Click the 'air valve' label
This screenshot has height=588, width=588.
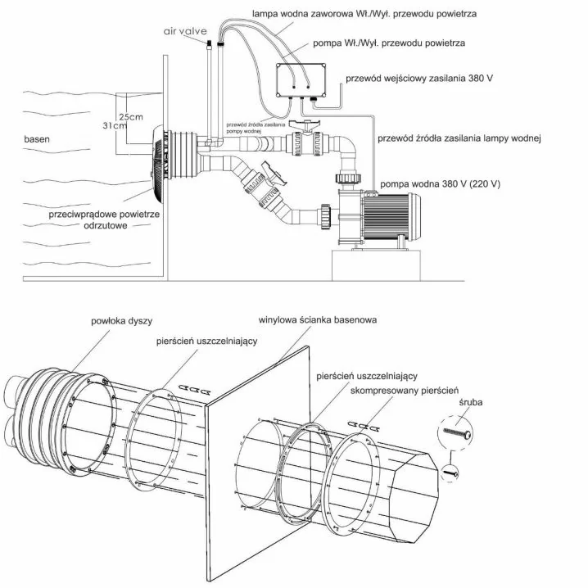[x=185, y=31]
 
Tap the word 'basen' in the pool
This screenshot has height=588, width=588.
[x=37, y=139]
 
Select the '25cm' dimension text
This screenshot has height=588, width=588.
[x=131, y=116]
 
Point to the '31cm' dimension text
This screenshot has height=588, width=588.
[x=115, y=125]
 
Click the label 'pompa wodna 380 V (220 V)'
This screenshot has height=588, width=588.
[x=440, y=183]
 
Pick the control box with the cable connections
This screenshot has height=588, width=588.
[x=301, y=80]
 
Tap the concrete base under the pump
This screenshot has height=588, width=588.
[x=376, y=265]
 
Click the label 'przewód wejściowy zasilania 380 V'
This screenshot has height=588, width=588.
[x=419, y=79]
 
